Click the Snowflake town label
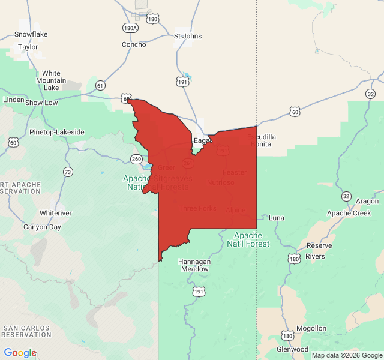tap(31, 34)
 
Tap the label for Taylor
tap(28, 46)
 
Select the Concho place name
tap(134, 44)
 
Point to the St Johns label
tap(188, 36)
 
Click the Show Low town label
tap(41, 103)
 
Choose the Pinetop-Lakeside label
tap(57, 132)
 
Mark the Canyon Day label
tap(42, 227)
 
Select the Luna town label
tap(277, 217)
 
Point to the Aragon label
tap(367, 202)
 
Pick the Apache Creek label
tap(349, 213)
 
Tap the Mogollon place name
tap(311, 328)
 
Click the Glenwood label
tap(292, 349)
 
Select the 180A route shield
tap(130, 28)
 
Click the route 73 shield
tap(68, 172)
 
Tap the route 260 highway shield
tap(136, 159)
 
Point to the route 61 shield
tap(100, 86)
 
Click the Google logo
tap(20, 353)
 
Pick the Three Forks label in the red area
tap(197, 208)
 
